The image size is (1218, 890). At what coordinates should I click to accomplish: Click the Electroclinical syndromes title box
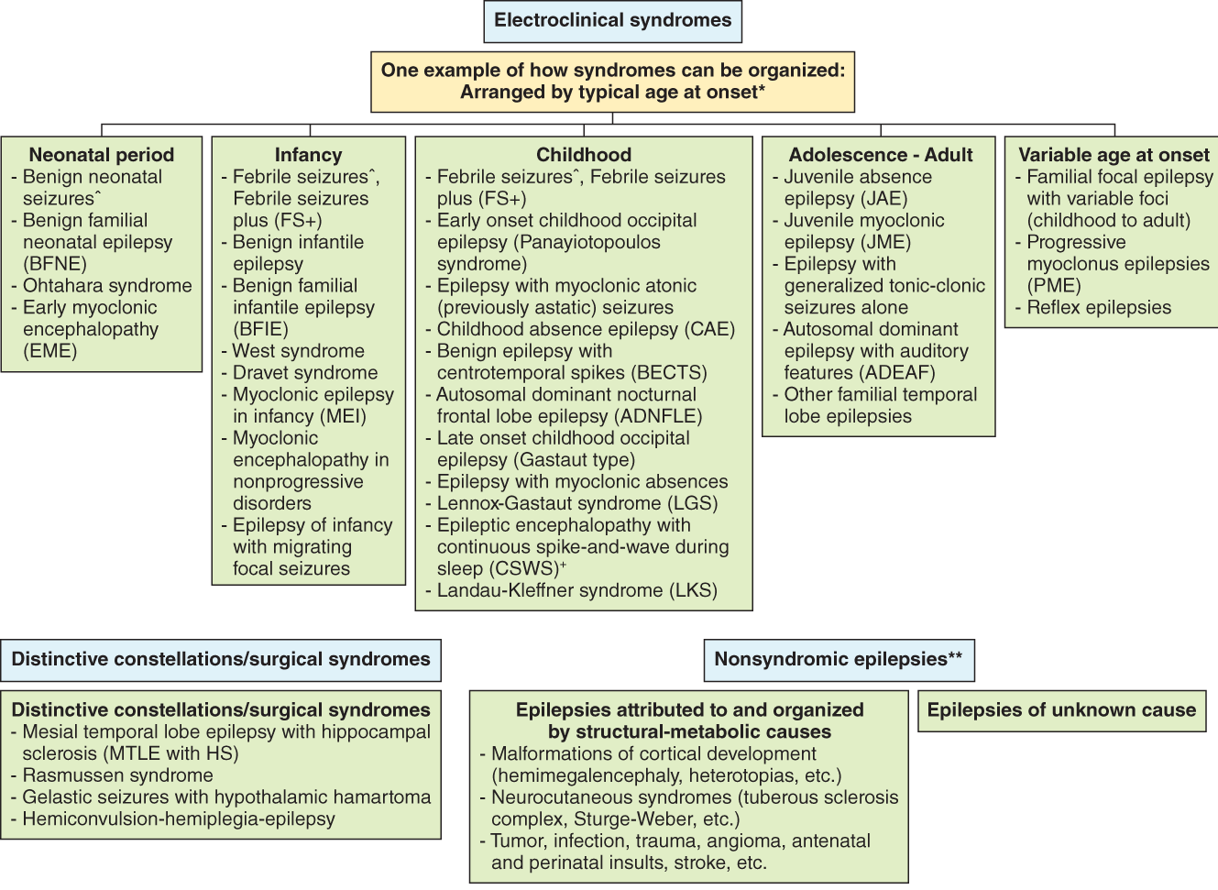click(x=612, y=21)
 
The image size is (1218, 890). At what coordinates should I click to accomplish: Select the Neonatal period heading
click(x=101, y=155)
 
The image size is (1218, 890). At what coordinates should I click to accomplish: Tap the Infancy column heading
click(x=308, y=155)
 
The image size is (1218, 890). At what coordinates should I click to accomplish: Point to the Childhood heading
click(x=584, y=155)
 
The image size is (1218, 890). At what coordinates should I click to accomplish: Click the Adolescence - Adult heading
click(x=880, y=155)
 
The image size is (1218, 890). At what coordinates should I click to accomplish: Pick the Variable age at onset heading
click(x=1114, y=155)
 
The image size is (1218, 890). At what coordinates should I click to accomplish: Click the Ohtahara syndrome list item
click(x=107, y=286)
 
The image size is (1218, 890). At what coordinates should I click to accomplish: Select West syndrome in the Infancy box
click(x=298, y=351)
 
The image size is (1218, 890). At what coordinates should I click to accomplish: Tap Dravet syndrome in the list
click(x=304, y=373)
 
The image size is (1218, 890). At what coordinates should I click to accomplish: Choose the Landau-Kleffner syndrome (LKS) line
click(x=576, y=590)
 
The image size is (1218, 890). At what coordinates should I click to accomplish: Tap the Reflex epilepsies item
click(x=1098, y=308)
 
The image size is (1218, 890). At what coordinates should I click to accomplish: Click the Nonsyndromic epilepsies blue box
click(x=838, y=660)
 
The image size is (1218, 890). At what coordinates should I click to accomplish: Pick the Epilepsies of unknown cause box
click(x=1061, y=710)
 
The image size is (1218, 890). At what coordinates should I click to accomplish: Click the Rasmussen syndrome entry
click(x=117, y=775)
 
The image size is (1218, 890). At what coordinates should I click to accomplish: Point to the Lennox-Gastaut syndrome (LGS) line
click(x=576, y=503)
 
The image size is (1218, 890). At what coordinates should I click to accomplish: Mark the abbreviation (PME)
click(x=1054, y=286)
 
